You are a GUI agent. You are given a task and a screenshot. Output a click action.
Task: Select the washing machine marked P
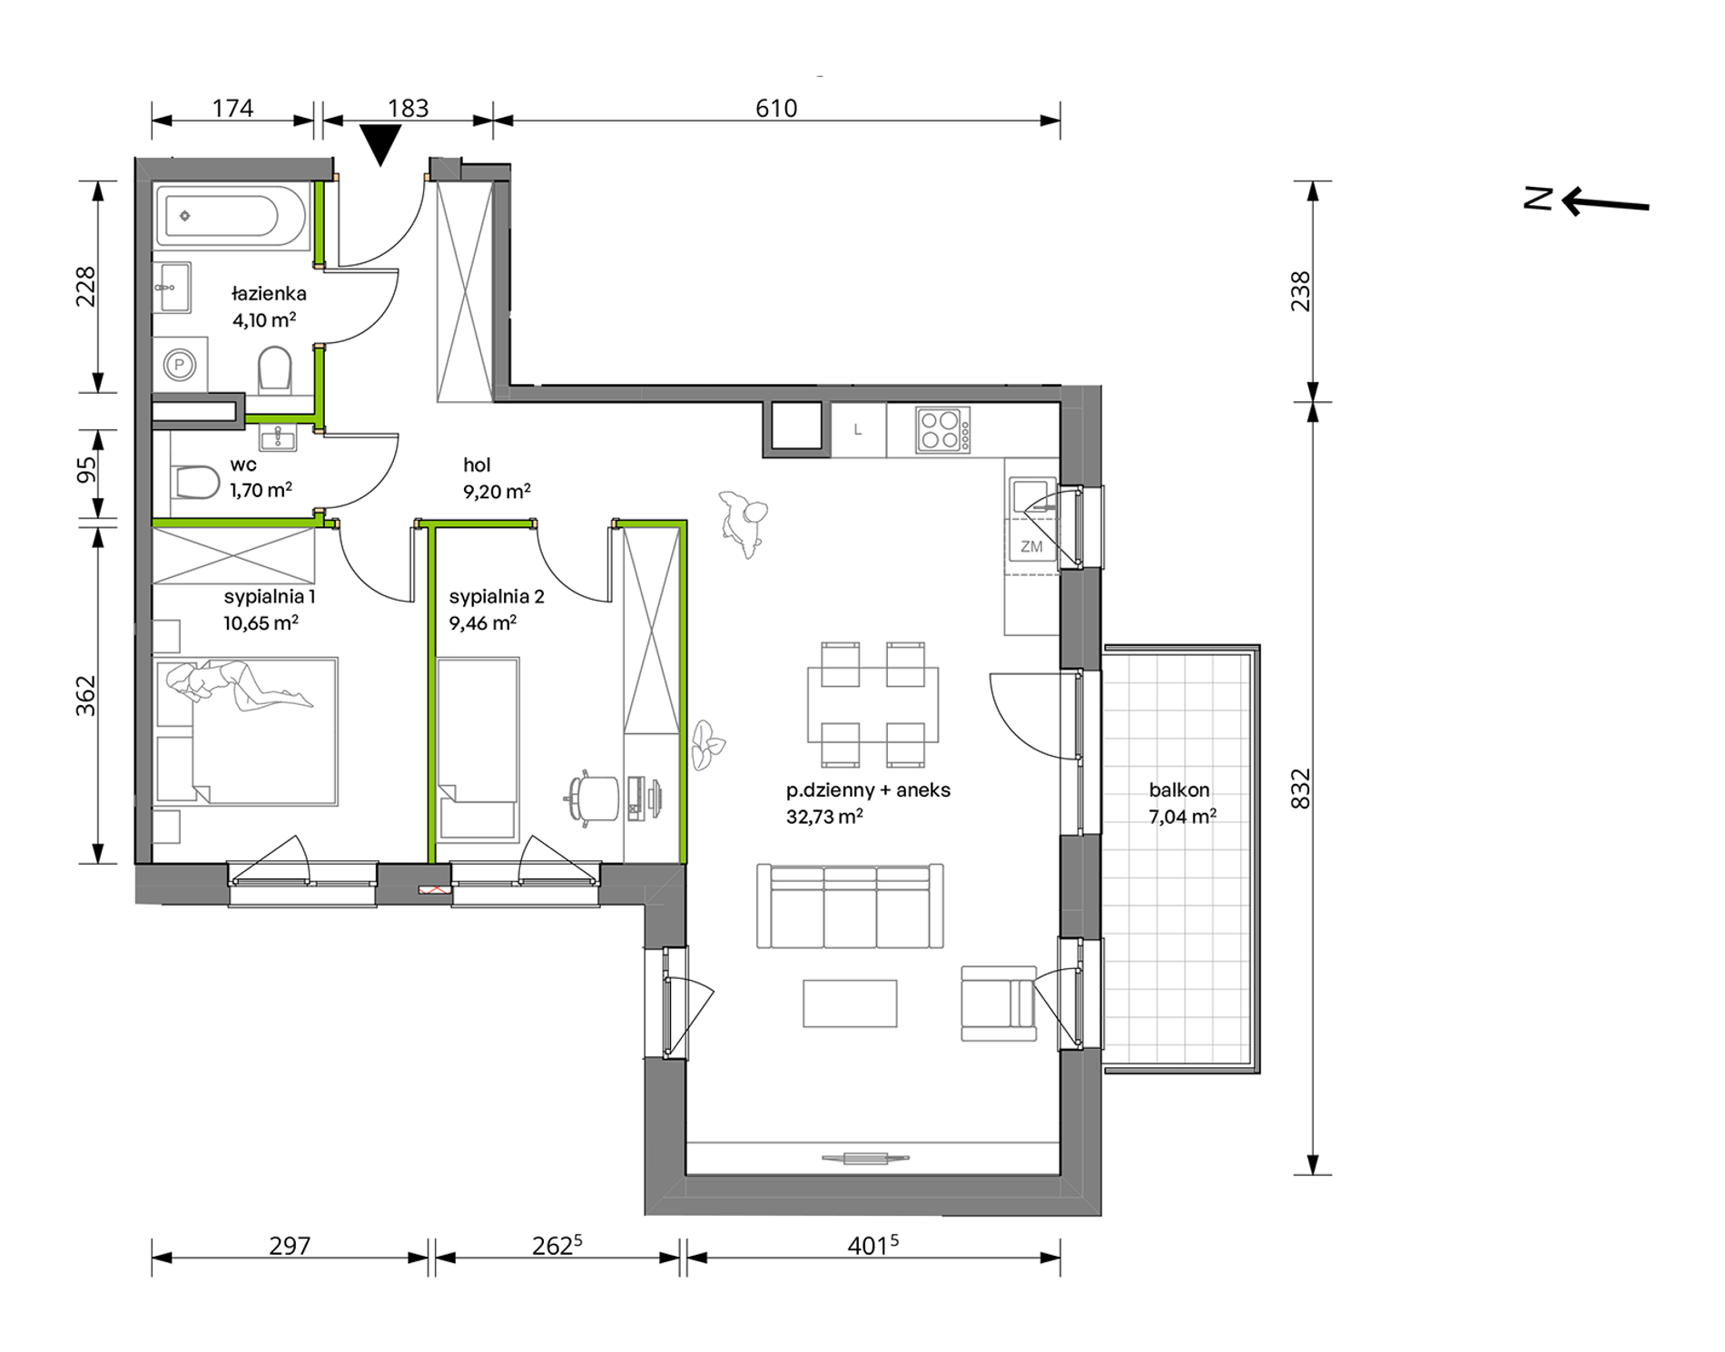(x=181, y=366)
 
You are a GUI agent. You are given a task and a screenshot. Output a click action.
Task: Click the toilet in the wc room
(x=194, y=482)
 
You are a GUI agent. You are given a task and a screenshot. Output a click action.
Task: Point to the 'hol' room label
(x=477, y=465)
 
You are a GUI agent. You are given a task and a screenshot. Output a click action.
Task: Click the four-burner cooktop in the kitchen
(x=942, y=430)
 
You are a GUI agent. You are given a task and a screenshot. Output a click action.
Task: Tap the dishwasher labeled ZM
(x=1031, y=546)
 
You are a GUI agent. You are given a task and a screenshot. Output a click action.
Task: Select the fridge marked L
(x=858, y=429)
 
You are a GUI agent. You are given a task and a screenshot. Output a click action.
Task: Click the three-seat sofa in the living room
(x=850, y=906)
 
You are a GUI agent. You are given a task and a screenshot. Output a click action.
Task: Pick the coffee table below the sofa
(x=850, y=1003)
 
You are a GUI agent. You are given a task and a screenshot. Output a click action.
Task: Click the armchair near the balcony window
(x=999, y=1004)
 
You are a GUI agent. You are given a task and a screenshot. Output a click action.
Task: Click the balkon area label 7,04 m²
(x=1182, y=816)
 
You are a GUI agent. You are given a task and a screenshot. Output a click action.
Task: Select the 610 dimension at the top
(x=776, y=108)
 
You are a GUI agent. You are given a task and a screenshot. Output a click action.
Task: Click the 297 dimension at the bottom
(x=290, y=1246)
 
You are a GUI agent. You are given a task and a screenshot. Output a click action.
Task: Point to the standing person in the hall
(x=744, y=524)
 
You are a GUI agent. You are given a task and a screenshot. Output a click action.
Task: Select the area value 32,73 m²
(x=824, y=816)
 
